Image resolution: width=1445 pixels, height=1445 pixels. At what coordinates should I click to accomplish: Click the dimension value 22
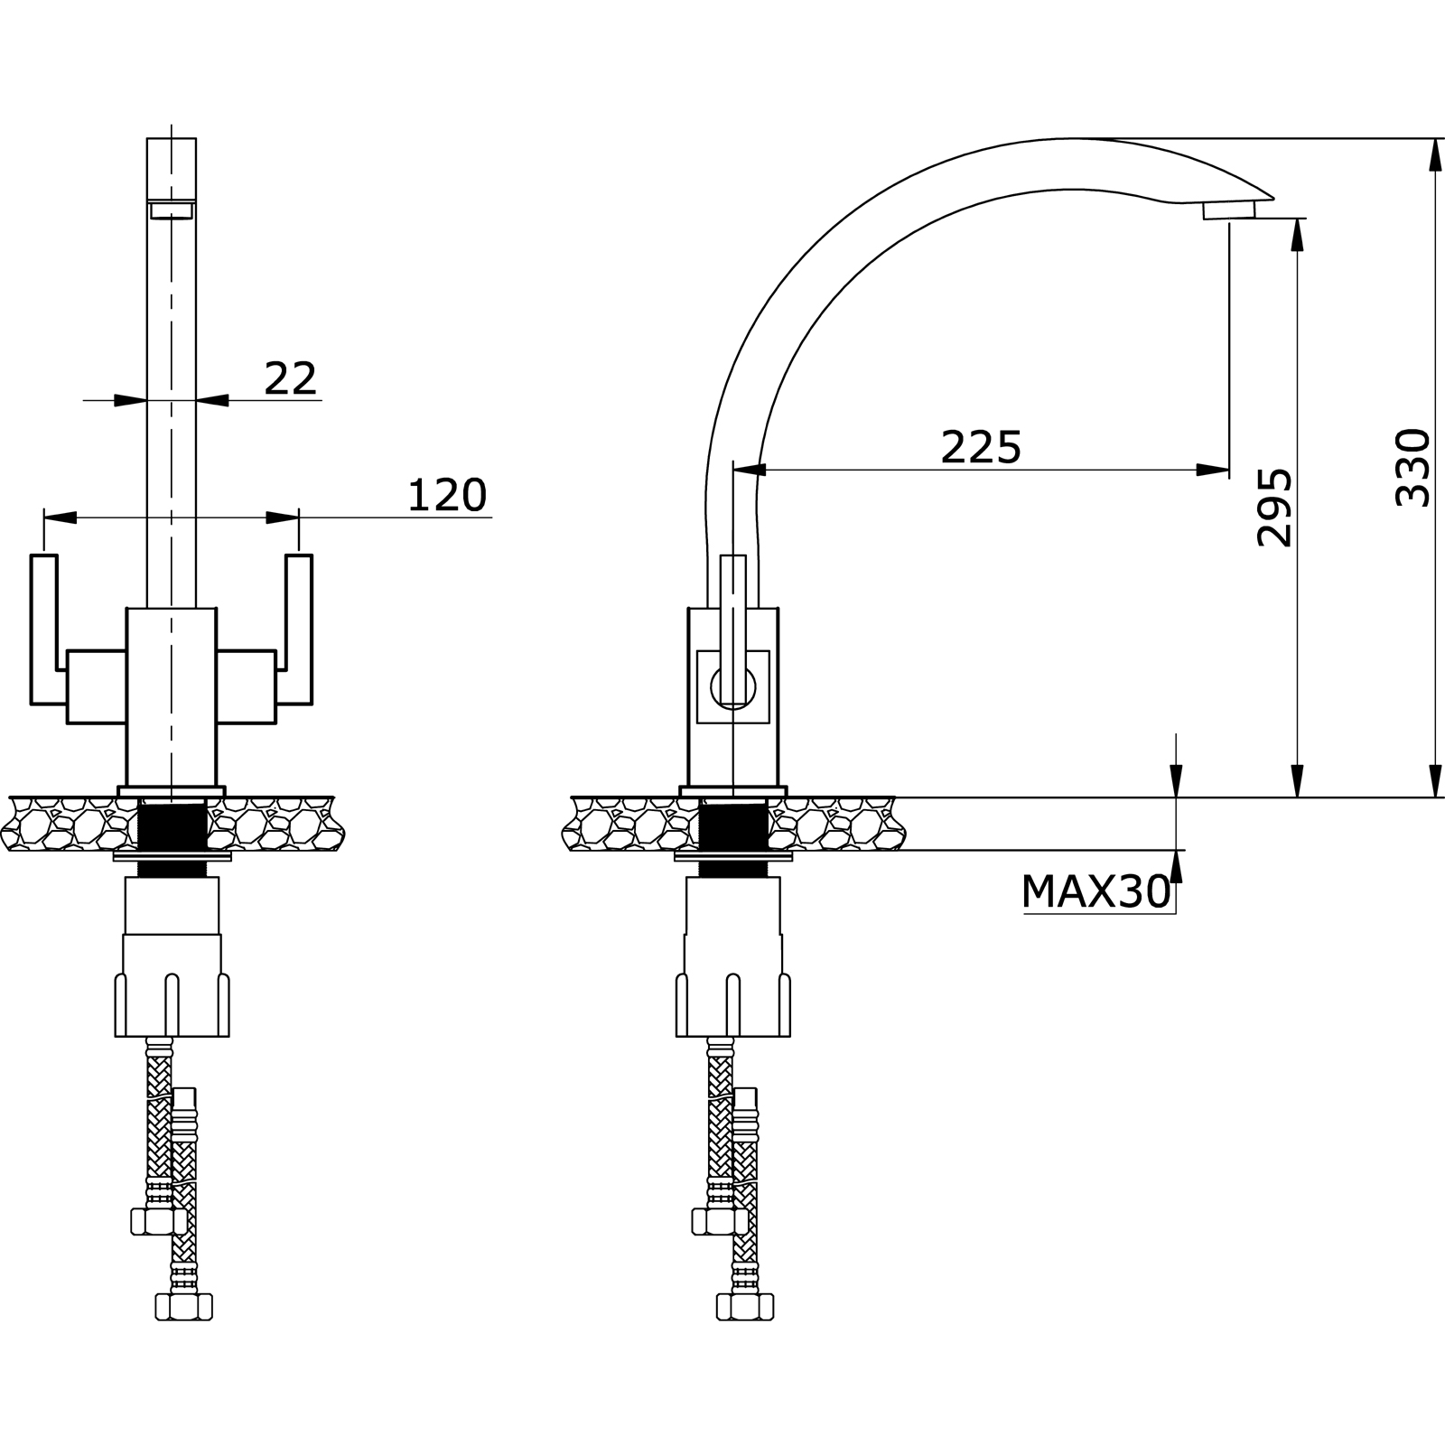click(x=291, y=378)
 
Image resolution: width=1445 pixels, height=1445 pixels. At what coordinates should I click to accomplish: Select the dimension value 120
click(x=447, y=495)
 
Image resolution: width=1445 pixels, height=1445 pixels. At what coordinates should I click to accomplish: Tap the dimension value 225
click(x=981, y=447)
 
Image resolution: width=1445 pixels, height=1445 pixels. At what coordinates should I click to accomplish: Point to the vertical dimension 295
click(x=1274, y=507)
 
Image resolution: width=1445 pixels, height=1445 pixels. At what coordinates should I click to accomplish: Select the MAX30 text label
click(x=1095, y=892)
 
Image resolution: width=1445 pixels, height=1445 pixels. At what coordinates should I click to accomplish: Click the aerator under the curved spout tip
click(x=1229, y=210)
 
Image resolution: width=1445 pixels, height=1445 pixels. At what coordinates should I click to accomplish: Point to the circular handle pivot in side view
click(x=732, y=686)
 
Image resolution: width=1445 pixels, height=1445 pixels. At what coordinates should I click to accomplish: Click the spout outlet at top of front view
click(x=172, y=210)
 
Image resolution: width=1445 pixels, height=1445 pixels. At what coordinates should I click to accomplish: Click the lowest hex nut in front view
click(x=184, y=1306)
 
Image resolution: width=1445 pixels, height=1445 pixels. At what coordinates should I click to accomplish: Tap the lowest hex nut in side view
click(x=745, y=1306)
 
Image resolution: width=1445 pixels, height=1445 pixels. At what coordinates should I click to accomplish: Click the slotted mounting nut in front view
click(x=172, y=1002)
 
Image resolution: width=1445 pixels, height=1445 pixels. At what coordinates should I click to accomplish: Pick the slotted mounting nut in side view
click(x=732, y=1002)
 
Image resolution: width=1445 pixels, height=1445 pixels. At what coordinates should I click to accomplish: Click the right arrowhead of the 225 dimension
click(x=1211, y=470)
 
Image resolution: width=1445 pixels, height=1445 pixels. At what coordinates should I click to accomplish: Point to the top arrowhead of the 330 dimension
click(x=1435, y=154)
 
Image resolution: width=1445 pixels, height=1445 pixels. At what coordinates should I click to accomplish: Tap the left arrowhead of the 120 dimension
click(x=60, y=517)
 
